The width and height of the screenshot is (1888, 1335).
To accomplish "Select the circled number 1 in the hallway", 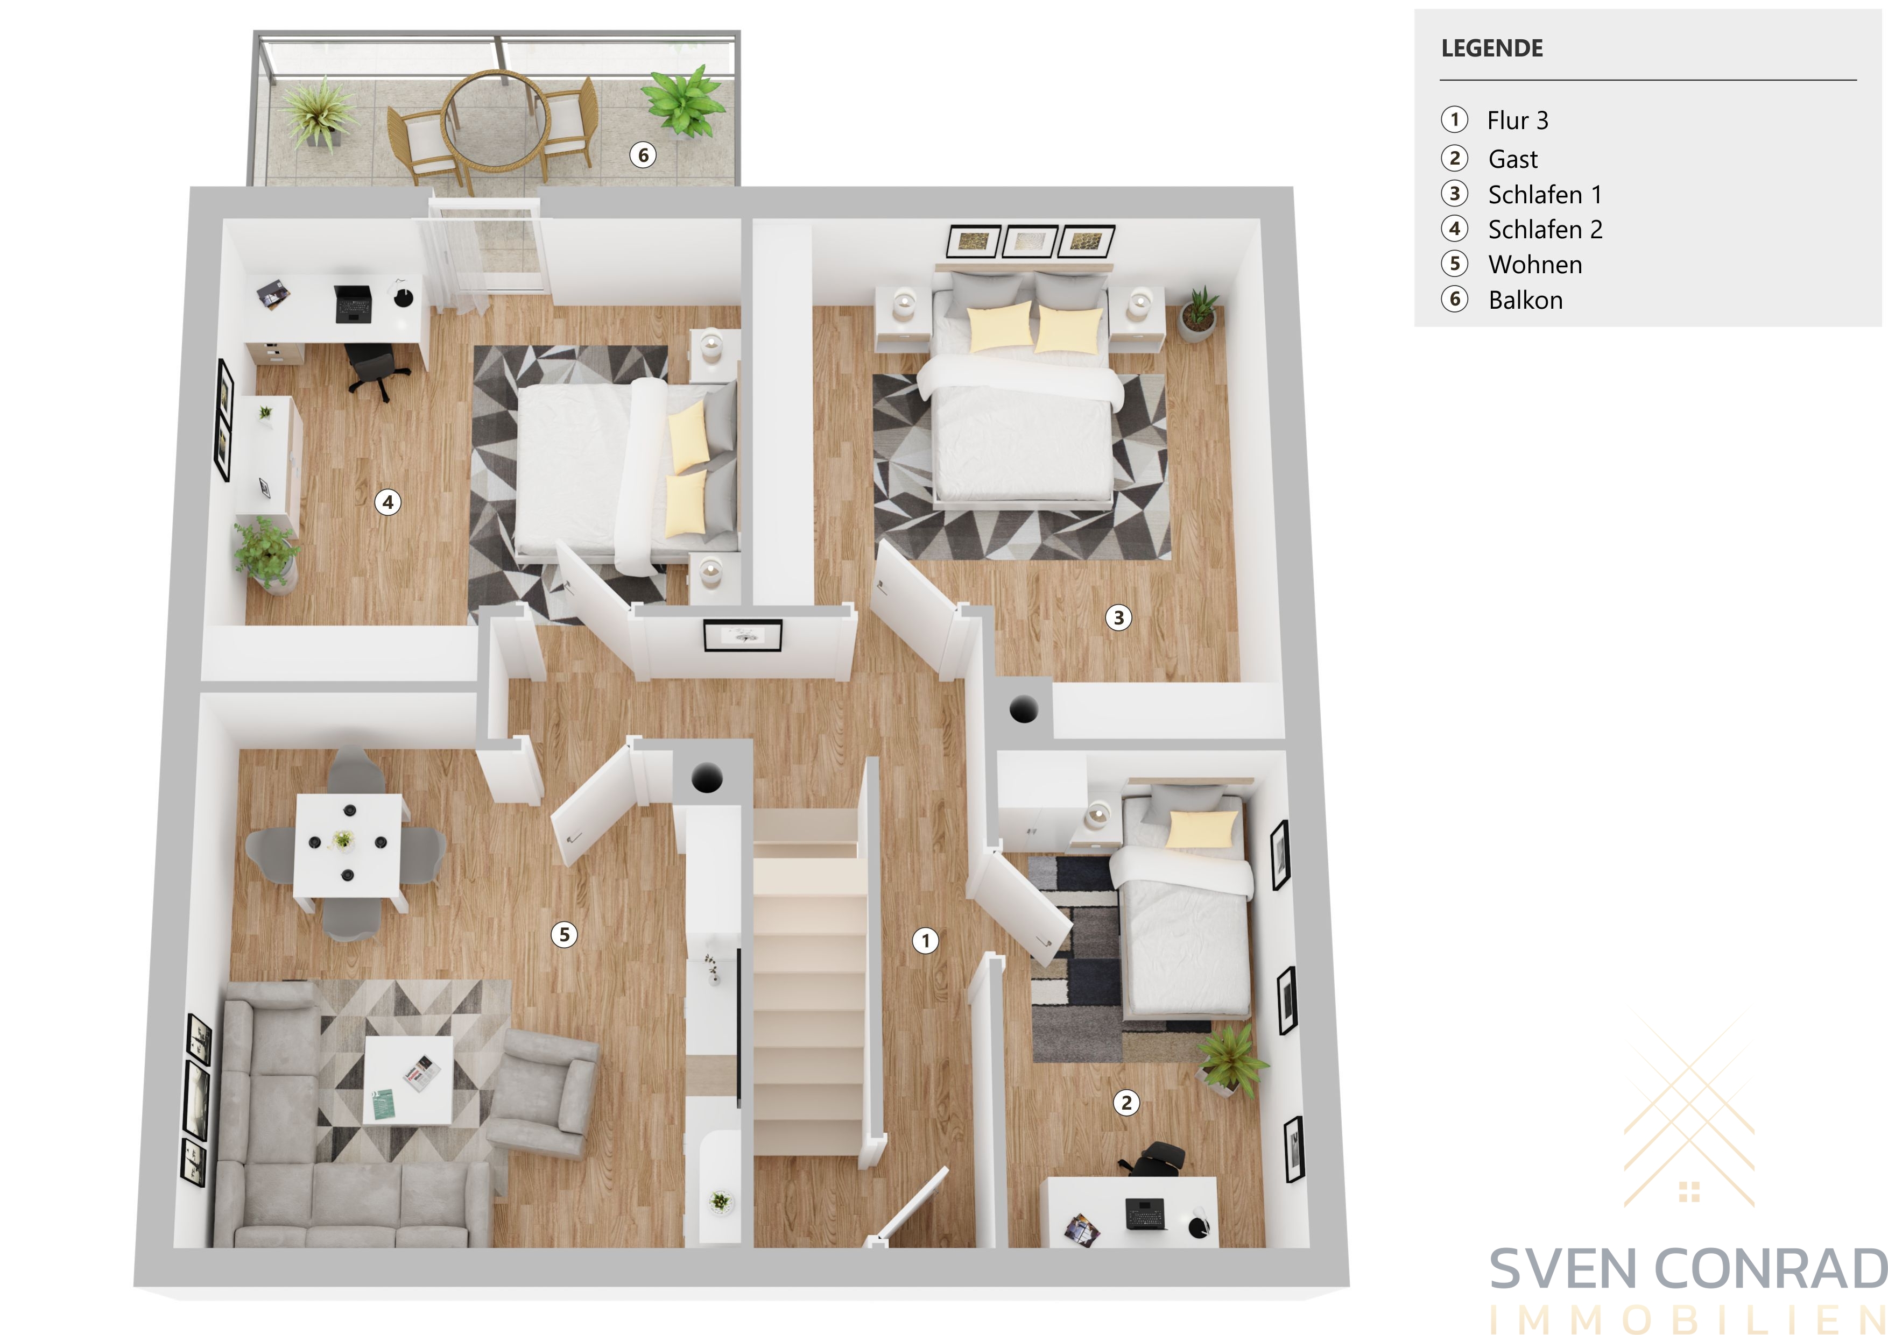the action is coord(926,940).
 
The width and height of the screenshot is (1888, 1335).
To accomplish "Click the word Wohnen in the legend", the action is coord(1534,265).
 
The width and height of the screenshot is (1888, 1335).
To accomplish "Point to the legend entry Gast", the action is coord(1512,159).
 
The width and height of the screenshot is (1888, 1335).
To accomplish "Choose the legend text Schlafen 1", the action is coord(1544,195).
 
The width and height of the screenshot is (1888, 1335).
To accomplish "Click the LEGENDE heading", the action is coord(1492,48).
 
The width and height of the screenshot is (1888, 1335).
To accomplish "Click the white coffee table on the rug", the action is coord(408,1080).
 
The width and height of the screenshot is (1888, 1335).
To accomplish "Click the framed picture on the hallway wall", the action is coord(743,635).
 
